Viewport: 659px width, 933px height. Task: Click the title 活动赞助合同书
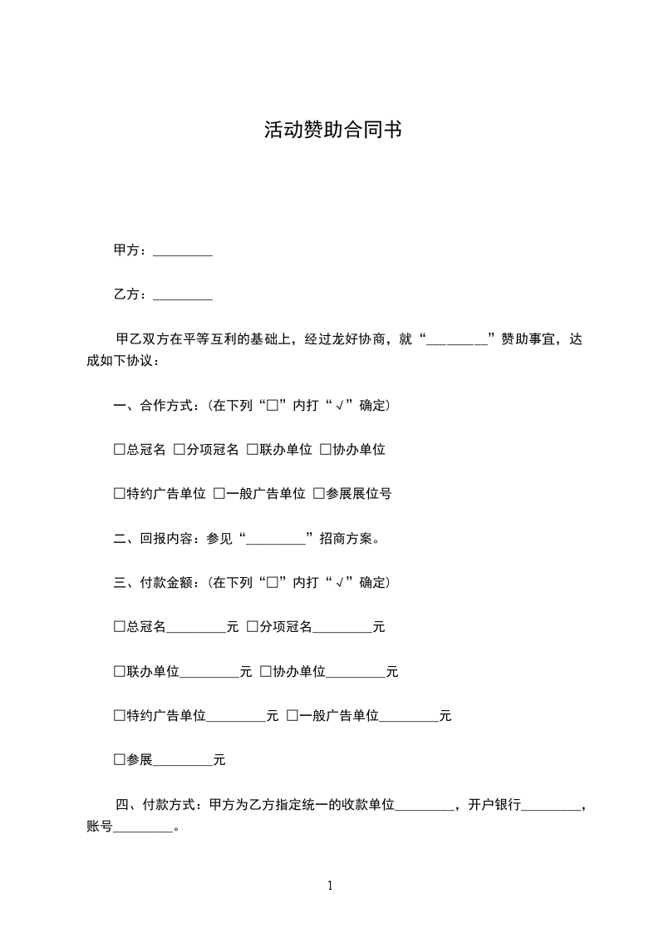(332, 130)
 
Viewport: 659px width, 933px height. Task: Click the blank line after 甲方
(183, 252)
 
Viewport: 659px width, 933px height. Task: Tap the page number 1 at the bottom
(330, 886)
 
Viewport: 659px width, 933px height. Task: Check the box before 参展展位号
(318, 494)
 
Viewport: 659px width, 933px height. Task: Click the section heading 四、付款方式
(157, 805)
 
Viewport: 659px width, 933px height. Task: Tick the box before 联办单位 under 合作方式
(252, 450)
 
